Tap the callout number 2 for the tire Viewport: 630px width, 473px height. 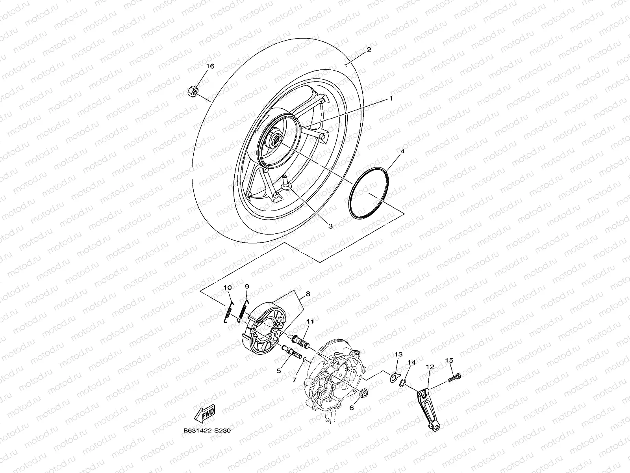pos(369,50)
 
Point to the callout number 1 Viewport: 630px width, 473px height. pos(391,99)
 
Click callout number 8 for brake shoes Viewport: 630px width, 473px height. pos(308,294)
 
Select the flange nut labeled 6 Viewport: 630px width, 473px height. pos(363,393)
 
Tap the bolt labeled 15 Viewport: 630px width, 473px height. pos(455,378)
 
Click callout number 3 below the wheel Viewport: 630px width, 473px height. pos(330,226)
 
